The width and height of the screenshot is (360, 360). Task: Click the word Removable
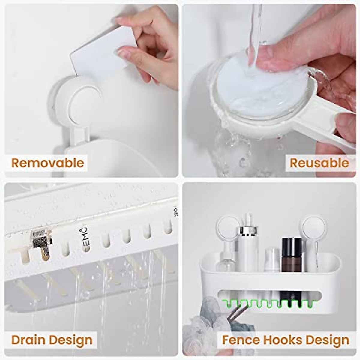click(x=47, y=163)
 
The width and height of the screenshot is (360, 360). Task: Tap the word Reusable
click(x=319, y=163)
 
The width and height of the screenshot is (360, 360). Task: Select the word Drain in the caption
click(x=28, y=340)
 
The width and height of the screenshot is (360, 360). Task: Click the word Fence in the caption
click(x=241, y=340)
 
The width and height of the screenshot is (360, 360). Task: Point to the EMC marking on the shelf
click(x=85, y=236)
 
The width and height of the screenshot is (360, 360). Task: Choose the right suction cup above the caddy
click(x=314, y=228)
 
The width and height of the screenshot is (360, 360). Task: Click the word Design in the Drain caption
click(x=71, y=340)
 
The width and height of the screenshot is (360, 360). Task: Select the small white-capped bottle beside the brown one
click(x=272, y=259)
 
